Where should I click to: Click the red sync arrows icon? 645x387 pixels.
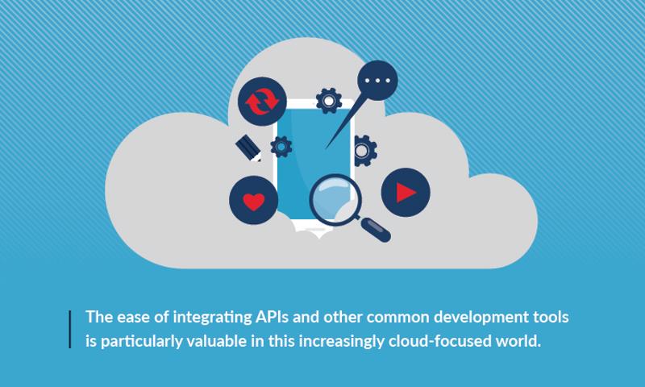[x=262, y=102]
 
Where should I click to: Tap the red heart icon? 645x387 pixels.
[x=253, y=200]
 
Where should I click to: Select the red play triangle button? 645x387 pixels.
[x=406, y=192]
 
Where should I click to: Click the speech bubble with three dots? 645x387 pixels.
[x=377, y=80]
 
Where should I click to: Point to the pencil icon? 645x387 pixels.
[x=248, y=148]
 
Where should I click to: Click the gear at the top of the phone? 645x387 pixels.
[x=329, y=101]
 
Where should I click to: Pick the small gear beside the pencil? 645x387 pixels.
[x=281, y=147]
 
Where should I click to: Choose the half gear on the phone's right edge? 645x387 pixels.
[x=365, y=151]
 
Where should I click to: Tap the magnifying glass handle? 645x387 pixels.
[x=375, y=229]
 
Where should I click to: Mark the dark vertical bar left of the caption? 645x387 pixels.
[x=70, y=330]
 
